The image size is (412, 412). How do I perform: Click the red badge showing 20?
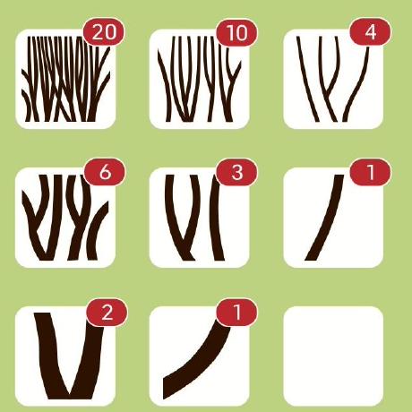tap(103, 31)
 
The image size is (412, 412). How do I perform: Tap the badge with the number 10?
tap(237, 32)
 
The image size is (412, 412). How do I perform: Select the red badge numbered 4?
tap(370, 32)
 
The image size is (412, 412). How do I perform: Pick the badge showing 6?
tap(105, 172)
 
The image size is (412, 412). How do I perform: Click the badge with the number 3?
tap(237, 172)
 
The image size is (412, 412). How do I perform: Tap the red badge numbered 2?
tap(107, 313)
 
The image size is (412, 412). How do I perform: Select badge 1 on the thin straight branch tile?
tap(370, 172)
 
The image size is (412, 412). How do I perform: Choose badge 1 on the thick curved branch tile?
tap(237, 313)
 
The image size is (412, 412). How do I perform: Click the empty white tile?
tap(333, 356)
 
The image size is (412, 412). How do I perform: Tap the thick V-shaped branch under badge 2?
tap(69, 356)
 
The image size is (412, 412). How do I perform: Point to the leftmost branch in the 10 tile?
tap(165, 87)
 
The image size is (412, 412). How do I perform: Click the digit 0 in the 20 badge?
tap(110, 32)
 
